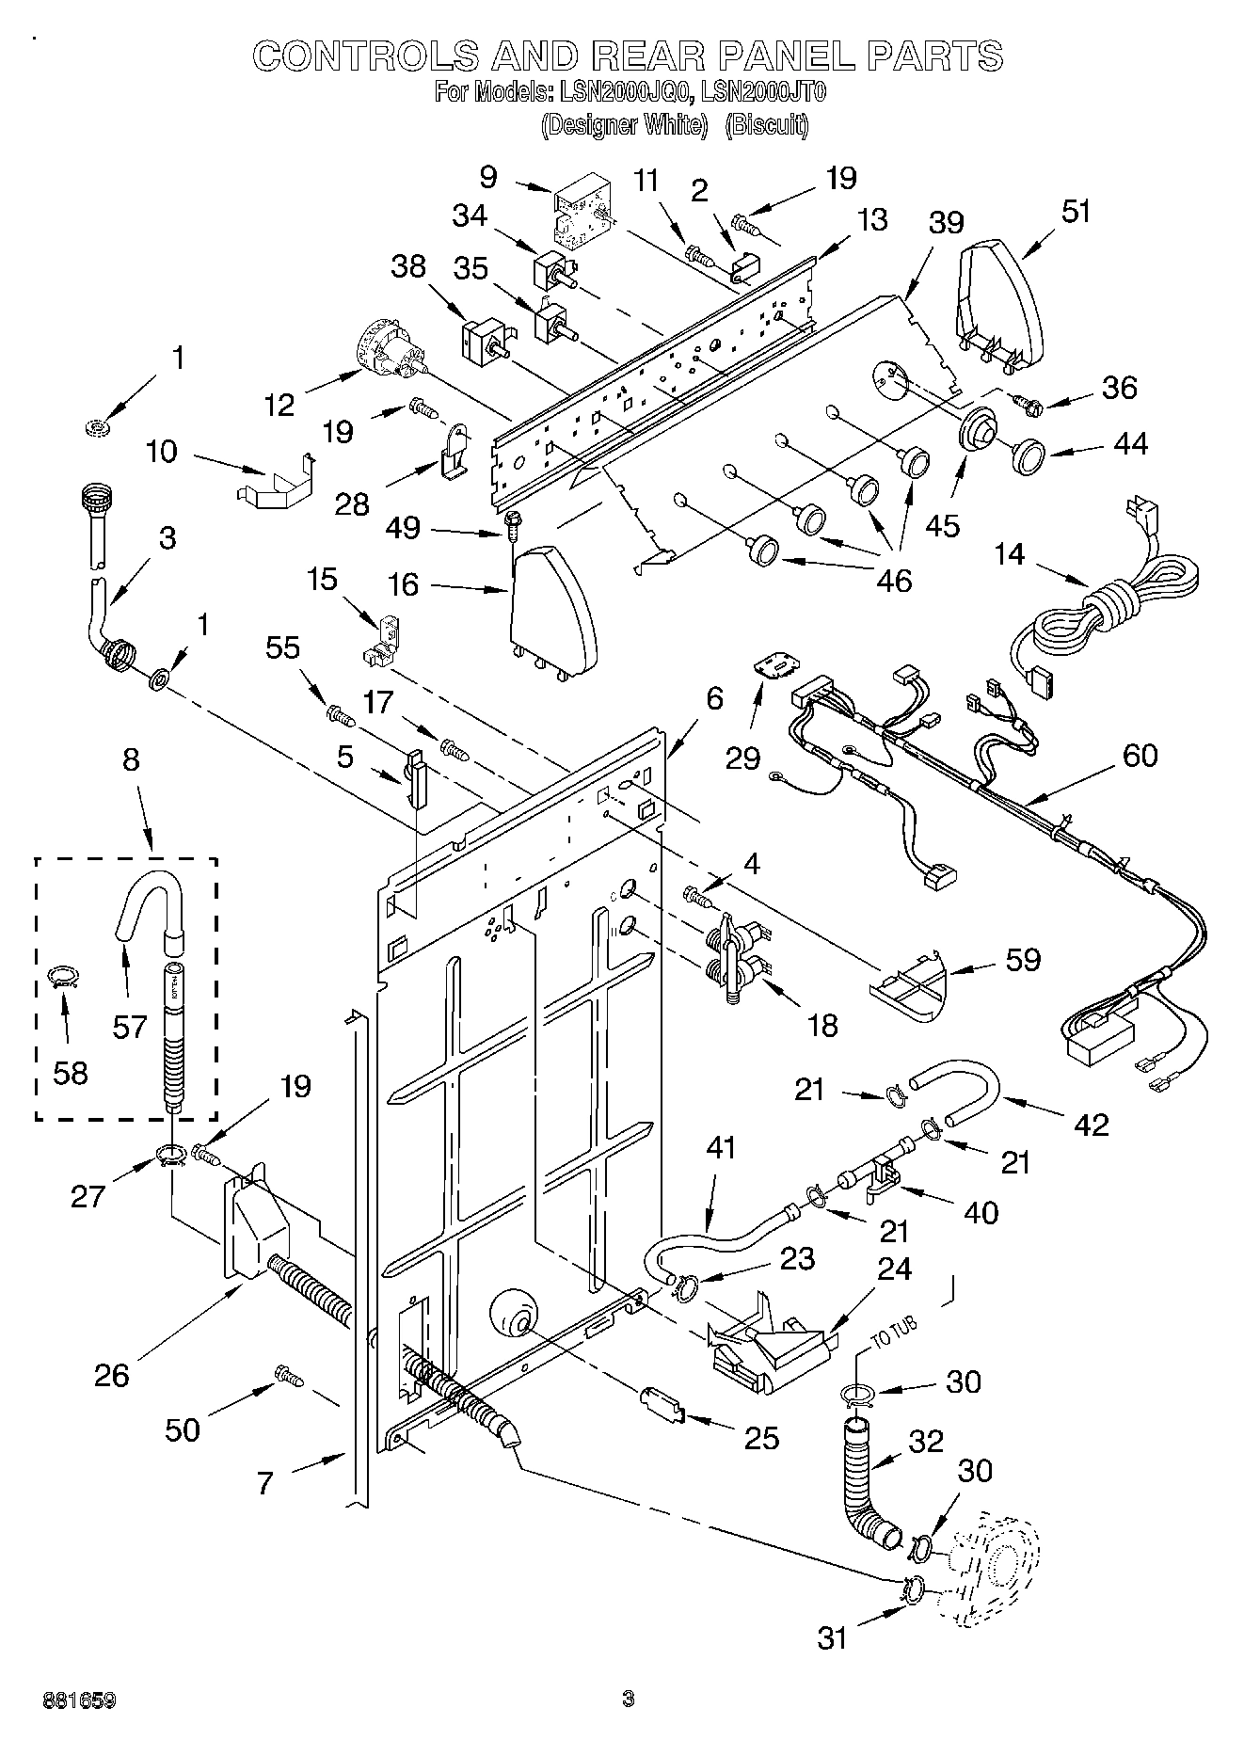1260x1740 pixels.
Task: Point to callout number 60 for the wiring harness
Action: (x=1140, y=755)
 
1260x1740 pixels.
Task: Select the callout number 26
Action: (x=111, y=1375)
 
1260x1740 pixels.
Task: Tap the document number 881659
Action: (x=79, y=1700)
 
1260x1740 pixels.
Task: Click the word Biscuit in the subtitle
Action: (x=767, y=125)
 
